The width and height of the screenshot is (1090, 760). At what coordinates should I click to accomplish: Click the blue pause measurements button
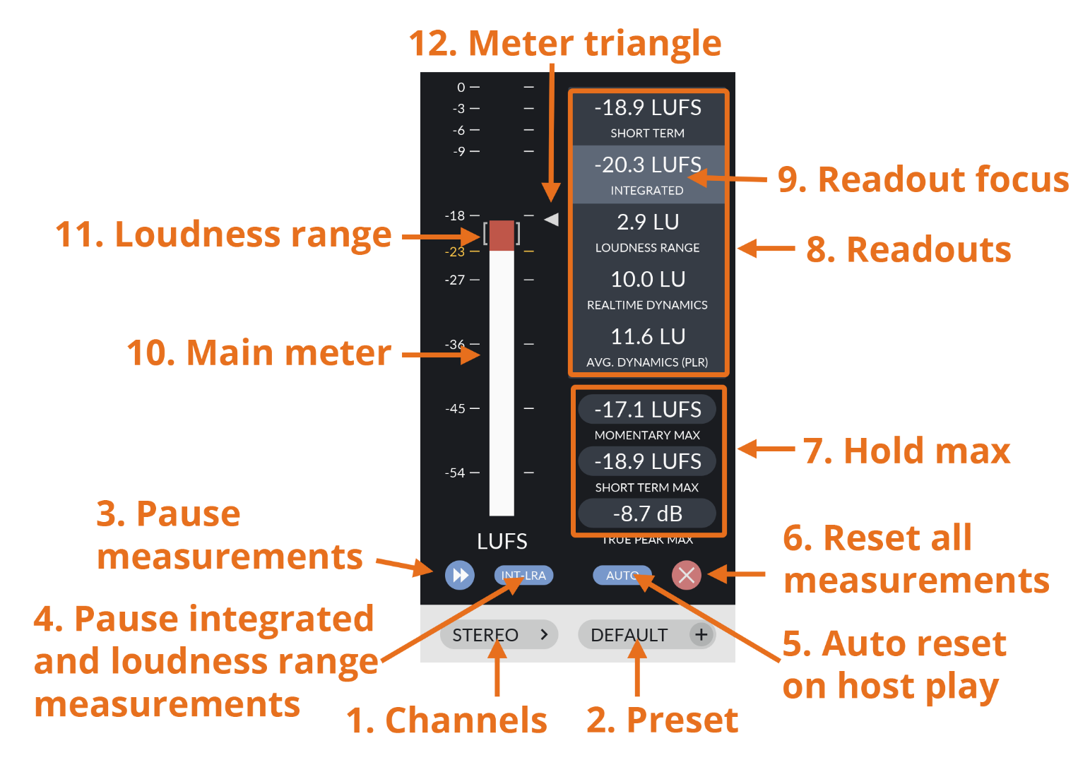pyautogui.click(x=460, y=575)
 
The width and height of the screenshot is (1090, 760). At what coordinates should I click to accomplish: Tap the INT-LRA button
pyautogui.click(x=523, y=576)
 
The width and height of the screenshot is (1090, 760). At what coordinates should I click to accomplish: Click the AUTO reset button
pyautogui.click(x=622, y=576)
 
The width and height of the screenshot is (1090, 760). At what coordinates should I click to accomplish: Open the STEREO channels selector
pyautogui.click(x=499, y=635)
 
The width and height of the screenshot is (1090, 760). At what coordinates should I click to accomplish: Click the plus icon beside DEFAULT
pyautogui.click(x=701, y=635)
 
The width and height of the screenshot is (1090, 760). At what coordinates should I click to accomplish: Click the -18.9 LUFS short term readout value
pyautogui.click(x=648, y=108)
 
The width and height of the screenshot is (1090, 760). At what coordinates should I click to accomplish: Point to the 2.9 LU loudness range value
pyautogui.click(x=648, y=222)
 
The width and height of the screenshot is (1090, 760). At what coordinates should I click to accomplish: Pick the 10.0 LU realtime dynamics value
pyautogui.click(x=648, y=280)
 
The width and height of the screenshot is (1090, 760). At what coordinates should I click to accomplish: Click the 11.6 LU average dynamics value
pyautogui.click(x=648, y=337)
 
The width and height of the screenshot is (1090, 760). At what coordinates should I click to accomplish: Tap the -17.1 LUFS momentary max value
pyautogui.click(x=647, y=410)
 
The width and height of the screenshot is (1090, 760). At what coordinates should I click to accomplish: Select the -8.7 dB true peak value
pyautogui.click(x=647, y=513)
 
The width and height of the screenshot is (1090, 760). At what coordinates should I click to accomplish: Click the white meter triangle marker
pyautogui.click(x=552, y=220)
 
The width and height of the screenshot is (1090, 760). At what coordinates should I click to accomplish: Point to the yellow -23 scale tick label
pyautogui.click(x=455, y=252)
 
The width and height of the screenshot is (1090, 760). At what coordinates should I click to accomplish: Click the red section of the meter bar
pyautogui.click(x=502, y=235)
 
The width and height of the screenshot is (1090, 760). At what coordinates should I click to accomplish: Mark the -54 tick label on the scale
pyautogui.click(x=455, y=473)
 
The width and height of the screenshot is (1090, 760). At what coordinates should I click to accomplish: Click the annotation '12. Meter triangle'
pyautogui.click(x=565, y=43)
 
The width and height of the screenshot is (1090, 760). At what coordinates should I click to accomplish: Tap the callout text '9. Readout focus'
pyautogui.click(x=923, y=179)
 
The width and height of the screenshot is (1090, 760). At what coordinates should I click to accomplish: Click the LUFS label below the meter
pyautogui.click(x=502, y=542)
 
